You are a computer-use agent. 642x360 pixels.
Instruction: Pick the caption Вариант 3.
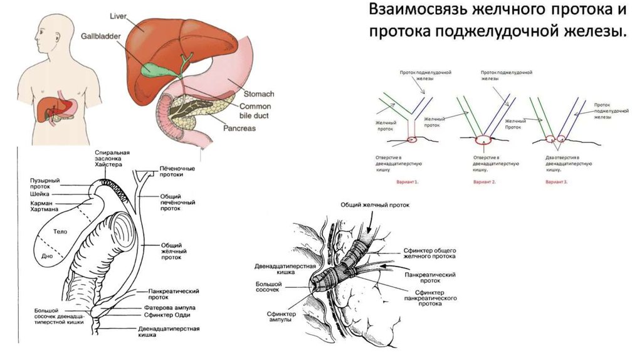click(556, 182)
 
